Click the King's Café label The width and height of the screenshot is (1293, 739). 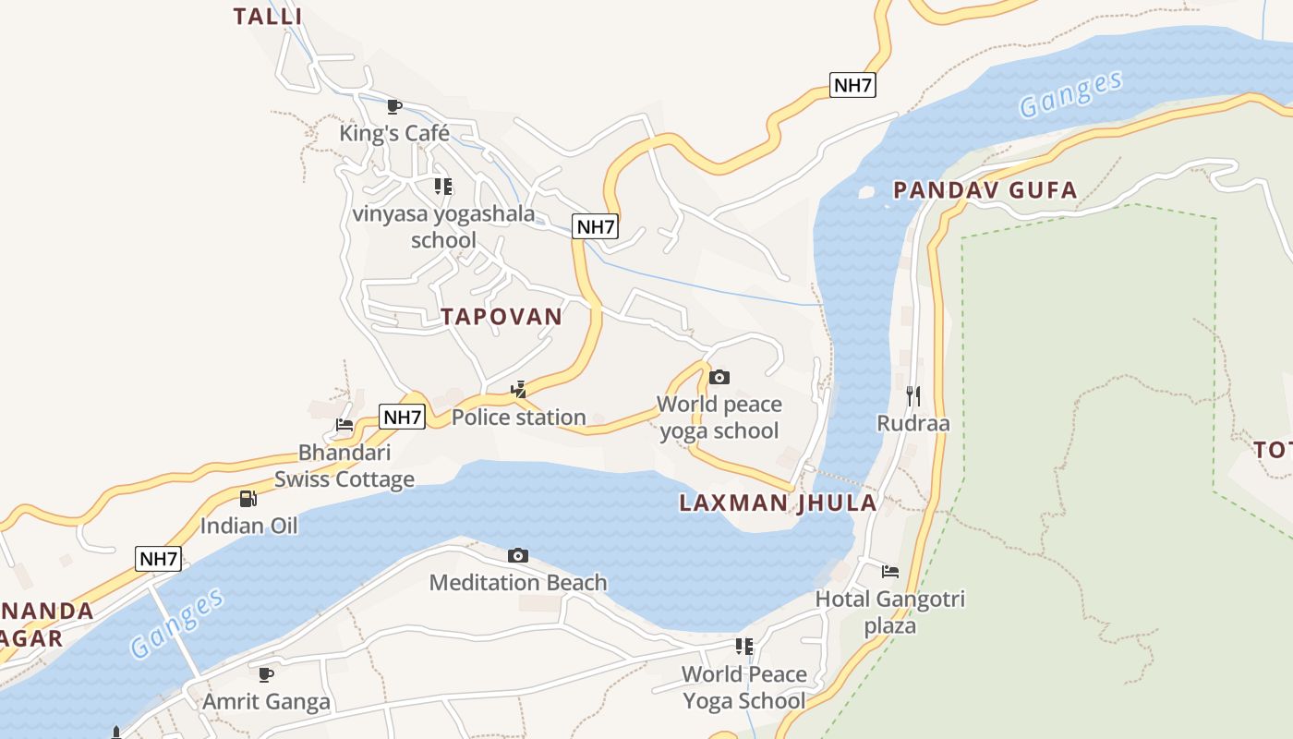tap(394, 133)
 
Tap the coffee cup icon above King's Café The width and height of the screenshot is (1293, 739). tap(394, 106)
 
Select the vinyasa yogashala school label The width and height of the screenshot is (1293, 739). tap(443, 227)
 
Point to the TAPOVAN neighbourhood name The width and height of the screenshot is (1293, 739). tap(501, 317)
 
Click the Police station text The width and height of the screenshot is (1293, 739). tap(518, 418)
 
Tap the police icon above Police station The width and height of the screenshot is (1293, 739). tap(519, 390)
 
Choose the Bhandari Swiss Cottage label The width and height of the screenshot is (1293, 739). tap(344, 466)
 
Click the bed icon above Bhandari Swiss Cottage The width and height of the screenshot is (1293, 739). tap(344, 425)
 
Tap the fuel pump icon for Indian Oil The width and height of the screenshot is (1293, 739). tap(248, 499)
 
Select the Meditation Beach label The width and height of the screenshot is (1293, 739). tap(518, 583)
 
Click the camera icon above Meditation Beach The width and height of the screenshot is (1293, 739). tap(518, 555)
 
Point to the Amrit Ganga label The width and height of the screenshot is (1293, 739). tap(266, 702)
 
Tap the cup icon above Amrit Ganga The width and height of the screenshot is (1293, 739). tap(266, 674)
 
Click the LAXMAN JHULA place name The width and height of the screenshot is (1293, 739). tap(778, 503)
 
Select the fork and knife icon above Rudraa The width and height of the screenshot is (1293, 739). tap(913, 396)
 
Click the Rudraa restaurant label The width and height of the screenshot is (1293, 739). tap(913, 424)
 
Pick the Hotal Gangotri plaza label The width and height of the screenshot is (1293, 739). tap(890, 612)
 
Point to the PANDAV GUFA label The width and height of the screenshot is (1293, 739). tap(985, 191)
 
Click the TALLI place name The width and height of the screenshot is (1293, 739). tap(268, 17)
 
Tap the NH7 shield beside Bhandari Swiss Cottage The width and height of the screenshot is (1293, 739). tap(403, 417)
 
